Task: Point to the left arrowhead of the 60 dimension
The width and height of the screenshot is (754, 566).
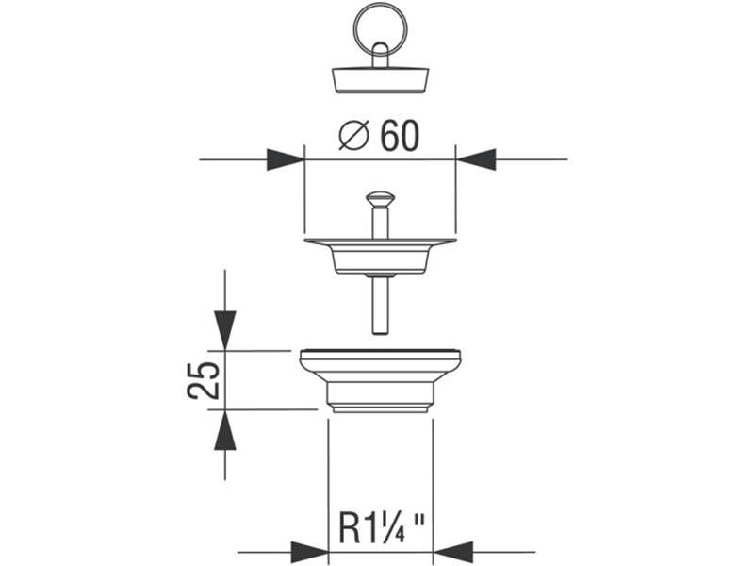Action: (286, 159)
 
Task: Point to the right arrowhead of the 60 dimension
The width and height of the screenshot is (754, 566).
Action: (476, 159)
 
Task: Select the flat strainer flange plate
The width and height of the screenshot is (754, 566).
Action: (379, 243)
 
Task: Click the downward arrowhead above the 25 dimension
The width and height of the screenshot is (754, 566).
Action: (224, 330)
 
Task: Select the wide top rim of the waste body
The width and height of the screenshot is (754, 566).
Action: (379, 358)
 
